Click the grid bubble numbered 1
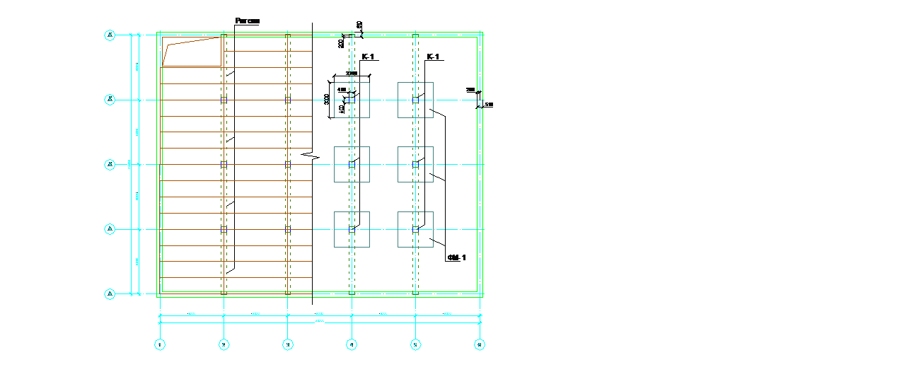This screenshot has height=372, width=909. pos(160,344)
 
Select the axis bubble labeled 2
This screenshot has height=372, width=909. pos(224,344)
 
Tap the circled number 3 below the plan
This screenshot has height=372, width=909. pos(287,344)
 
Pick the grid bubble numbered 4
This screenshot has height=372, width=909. pos(352,344)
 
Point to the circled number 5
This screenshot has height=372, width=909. pos(415,344)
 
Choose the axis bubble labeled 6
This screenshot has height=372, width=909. pos(480,344)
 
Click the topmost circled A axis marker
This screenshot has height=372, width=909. pos(110,35)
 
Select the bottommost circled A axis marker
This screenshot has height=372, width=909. pos(110,293)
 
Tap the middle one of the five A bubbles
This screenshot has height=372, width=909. pos(110,165)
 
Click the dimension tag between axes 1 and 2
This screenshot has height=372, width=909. pos(192,313)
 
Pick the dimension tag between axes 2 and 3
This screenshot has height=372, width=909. pos(256,313)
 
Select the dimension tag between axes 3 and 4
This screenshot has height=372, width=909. pos(320,313)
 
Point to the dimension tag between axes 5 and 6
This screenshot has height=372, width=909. pos(448,313)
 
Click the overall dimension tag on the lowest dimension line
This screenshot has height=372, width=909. pos(320,321)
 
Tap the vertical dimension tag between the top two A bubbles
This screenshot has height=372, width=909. pos(137,67)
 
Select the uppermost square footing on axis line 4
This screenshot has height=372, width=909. pos(352,100)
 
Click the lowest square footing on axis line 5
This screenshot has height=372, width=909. pos(415,229)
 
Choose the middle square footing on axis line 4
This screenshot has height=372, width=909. pos(352,164)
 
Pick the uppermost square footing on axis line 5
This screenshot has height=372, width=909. pos(415,100)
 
